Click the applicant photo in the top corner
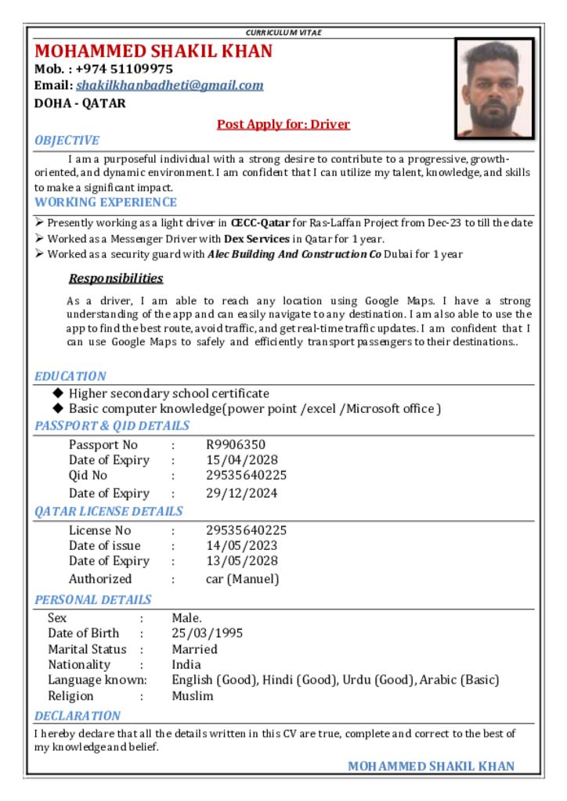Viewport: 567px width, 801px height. point(494,88)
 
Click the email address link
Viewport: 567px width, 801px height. point(169,85)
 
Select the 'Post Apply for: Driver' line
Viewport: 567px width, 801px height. point(283,124)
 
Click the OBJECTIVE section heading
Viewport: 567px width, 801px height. point(67,141)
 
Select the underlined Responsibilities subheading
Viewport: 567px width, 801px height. point(116,278)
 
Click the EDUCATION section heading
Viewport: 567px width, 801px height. point(70,376)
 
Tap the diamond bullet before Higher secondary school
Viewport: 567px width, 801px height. point(58,393)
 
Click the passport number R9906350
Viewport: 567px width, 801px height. point(236,445)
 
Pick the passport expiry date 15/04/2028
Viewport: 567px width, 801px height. point(242,460)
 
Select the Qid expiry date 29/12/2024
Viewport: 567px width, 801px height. point(242,494)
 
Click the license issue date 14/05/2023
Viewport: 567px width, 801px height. point(242,546)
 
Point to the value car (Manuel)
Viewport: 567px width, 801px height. point(242,580)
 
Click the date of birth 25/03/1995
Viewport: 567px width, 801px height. point(208,634)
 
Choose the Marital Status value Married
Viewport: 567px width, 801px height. point(194,649)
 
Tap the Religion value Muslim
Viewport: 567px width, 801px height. point(193,696)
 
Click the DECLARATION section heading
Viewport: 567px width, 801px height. point(77,716)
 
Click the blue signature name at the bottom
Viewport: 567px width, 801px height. point(431,767)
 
